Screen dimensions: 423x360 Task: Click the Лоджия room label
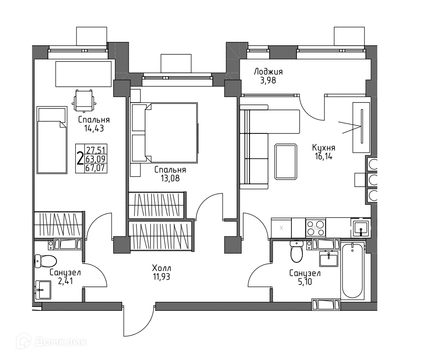click(x=268, y=72)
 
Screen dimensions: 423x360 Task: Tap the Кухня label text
click(x=324, y=148)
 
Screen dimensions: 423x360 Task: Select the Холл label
click(x=162, y=268)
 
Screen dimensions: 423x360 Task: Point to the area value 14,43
click(x=94, y=128)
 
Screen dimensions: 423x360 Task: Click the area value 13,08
click(x=170, y=178)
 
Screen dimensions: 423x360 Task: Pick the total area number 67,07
click(x=96, y=168)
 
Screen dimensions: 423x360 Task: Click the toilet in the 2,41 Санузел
click(x=46, y=261)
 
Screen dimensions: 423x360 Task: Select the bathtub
click(x=352, y=270)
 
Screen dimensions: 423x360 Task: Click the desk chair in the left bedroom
click(x=84, y=101)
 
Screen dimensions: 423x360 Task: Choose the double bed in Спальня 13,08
click(x=164, y=133)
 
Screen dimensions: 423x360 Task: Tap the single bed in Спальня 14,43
click(x=52, y=140)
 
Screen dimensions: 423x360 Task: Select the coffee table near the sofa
click(x=286, y=162)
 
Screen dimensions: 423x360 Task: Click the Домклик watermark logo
click(x=52, y=342)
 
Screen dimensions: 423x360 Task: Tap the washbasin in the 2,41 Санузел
click(x=43, y=290)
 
